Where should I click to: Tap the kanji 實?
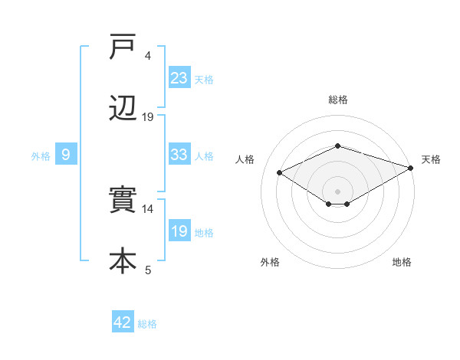click(123, 201)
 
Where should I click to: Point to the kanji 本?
click(123, 260)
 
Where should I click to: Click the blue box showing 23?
click(179, 77)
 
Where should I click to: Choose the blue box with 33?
click(179, 155)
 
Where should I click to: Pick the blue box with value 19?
click(179, 231)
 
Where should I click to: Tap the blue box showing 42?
click(123, 322)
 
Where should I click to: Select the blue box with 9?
click(66, 155)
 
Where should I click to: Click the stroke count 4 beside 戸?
click(148, 56)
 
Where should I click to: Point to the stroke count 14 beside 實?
click(148, 208)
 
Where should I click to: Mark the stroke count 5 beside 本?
click(148, 269)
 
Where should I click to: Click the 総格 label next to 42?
click(147, 324)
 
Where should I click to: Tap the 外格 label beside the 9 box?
click(41, 156)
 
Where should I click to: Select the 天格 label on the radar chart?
click(432, 159)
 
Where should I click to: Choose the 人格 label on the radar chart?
click(245, 159)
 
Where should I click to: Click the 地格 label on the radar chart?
click(402, 262)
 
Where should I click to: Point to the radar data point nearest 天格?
click(411, 167)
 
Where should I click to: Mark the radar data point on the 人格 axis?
click(280, 172)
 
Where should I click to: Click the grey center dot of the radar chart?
click(337, 191)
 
